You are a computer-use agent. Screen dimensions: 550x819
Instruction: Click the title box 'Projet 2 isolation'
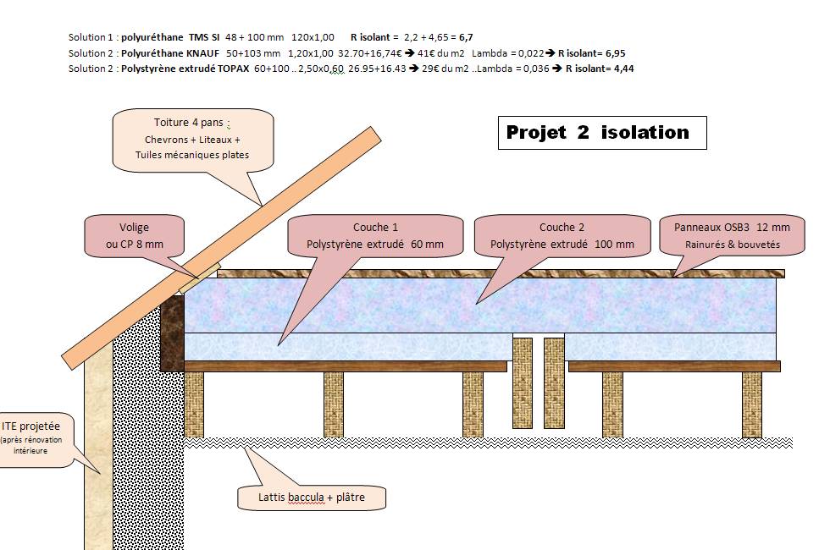point(601,133)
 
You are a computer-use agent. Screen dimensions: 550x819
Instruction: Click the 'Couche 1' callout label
point(375,236)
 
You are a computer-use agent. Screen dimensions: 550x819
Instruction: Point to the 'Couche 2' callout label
point(562,236)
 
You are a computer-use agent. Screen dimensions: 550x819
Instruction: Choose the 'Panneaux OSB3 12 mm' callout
point(732,236)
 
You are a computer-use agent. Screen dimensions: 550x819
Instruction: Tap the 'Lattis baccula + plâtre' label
point(311,497)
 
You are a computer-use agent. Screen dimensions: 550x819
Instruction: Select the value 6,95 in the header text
point(615,53)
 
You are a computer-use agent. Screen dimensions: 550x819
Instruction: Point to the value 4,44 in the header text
point(622,69)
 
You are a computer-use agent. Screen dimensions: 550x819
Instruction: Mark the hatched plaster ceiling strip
point(487,443)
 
